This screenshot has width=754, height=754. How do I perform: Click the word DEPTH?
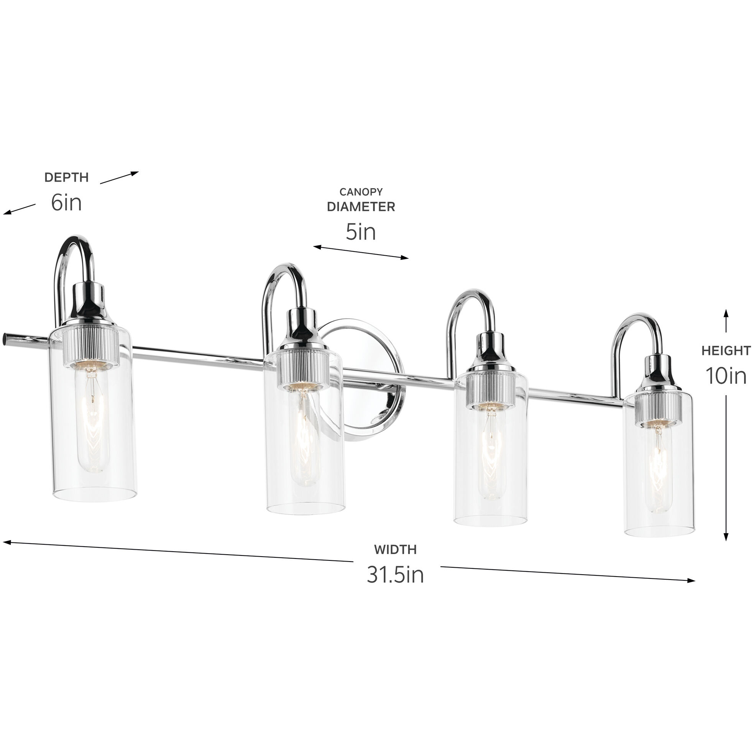click(x=66, y=177)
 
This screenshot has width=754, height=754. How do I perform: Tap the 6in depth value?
click(x=66, y=203)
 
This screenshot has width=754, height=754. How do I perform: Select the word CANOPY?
click(x=361, y=192)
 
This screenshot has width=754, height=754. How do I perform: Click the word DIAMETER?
click(x=361, y=207)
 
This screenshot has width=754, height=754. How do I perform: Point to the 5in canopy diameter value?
click(x=361, y=232)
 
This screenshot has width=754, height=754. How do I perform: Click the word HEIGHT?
click(x=726, y=351)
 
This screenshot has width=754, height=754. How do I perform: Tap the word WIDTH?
click(x=395, y=550)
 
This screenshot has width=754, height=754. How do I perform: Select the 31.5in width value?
click(x=395, y=575)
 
